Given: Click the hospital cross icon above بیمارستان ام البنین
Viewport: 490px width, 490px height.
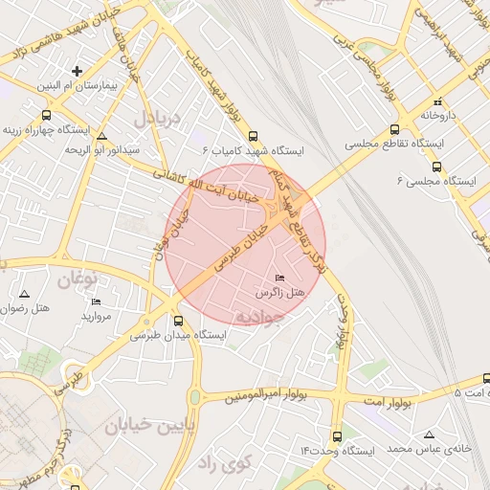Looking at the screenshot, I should click(x=78, y=71).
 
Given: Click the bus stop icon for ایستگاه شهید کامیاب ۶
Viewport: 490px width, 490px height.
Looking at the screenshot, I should click(x=253, y=136).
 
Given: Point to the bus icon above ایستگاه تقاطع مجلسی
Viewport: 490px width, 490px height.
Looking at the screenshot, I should click(x=393, y=129).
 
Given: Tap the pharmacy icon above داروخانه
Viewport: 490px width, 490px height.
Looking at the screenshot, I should click(x=435, y=100).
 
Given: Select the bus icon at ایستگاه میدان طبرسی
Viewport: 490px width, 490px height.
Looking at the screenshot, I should click(x=177, y=321).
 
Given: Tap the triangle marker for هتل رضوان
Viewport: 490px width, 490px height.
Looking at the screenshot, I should click(x=25, y=293).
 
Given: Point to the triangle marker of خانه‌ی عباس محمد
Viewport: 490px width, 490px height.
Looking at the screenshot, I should click(x=428, y=434).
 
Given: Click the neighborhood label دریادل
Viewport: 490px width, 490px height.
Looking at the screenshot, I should click(x=157, y=120).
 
